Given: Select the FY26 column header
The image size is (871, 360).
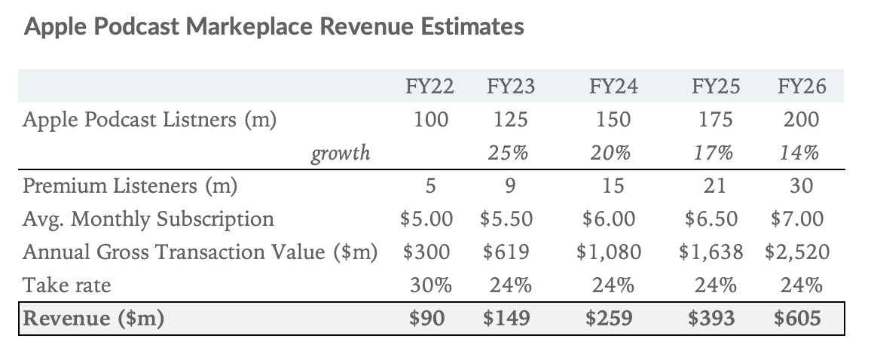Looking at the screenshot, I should pyautogui.click(x=801, y=87).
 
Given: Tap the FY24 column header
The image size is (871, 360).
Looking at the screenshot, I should pyautogui.click(x=613, y=87).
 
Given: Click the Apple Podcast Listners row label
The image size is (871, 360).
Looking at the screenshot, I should pyautogui.click(x=149, y=120).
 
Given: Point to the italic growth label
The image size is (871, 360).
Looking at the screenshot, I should pyautogui.click(x=341, y=154).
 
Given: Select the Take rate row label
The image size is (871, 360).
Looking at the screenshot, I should pyautogui.click(x=67, y=285).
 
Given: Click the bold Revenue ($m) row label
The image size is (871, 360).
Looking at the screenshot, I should pyautogui.click(x=93, y=319).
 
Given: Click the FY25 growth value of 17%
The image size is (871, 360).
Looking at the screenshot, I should pyautogui.click(x=713, y=154).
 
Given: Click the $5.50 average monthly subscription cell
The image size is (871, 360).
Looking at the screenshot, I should pyautogui.click(x=506, y=219).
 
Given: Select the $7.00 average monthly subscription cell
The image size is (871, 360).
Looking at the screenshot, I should pyautogui.click(x=797, y=219).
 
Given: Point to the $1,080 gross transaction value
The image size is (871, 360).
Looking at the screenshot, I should pyautogui.click(x=609, y=252).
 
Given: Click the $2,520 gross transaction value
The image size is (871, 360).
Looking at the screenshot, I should pyautogui.click(x=797, y=252).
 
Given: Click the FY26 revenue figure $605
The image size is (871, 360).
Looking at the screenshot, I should pyautogui.click(x=797, y=319).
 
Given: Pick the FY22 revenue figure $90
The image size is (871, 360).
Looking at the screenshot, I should pyautogui.click(x=426, y=319).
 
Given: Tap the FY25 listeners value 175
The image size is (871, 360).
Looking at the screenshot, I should pyautogui.click(x=716, y=120).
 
